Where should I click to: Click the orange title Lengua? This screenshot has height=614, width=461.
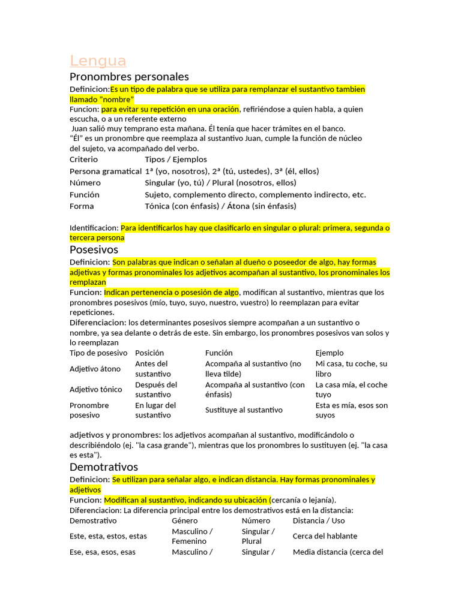coord(98,61)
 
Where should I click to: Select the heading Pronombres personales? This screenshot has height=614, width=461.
coord(129,77)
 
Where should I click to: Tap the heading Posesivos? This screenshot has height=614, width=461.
coord(94,249)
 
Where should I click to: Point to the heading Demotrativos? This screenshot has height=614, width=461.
coord(104,466)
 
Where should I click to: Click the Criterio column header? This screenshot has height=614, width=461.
coord(83,159)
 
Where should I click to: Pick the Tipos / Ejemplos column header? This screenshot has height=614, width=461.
coord(176,159)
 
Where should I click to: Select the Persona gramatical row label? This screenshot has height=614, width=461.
coord(105,171)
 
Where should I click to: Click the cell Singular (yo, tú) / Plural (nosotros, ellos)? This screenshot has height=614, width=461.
coord(220,183)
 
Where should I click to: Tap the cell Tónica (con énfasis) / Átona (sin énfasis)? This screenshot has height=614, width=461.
coord(220,206)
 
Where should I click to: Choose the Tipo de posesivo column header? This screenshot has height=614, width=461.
coord(98,353)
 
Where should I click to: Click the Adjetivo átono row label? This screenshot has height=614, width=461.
coord(95,369)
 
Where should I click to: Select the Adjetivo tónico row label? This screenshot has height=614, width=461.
coord(97,390)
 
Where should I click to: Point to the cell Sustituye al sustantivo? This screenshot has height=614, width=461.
coord(244,410)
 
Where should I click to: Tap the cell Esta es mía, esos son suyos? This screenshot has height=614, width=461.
coord(352,410)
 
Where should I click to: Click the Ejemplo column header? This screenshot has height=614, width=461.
coord(330,353)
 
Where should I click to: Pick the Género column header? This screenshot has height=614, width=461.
coord(184,520)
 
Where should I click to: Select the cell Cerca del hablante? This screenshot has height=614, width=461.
coord(325,536)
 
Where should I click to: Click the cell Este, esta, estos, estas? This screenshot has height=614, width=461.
coord(108,536)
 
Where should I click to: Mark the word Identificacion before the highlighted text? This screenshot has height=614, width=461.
coord(94,228)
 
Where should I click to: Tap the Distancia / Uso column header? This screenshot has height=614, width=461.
coord(319,520)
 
